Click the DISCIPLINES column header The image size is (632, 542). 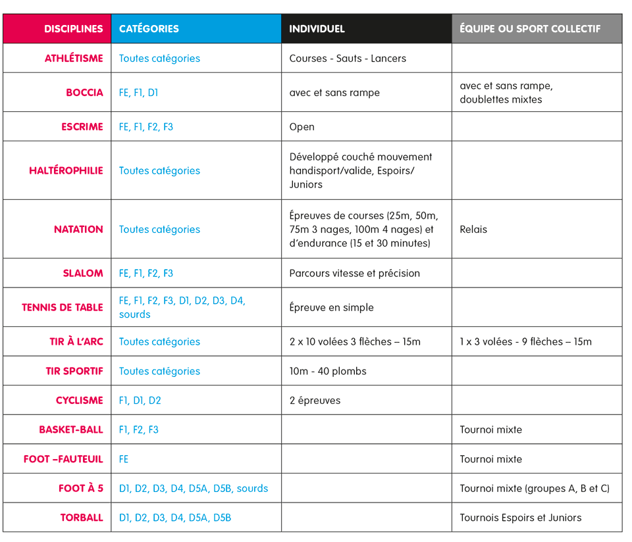73,29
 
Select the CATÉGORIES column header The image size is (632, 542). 149,29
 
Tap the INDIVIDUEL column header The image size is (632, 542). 317,29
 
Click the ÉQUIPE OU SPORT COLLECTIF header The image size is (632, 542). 530,29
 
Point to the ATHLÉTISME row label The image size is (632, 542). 74,59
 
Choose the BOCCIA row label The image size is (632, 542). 84,93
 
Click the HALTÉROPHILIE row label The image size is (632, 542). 66,170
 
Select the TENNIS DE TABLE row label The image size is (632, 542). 63,307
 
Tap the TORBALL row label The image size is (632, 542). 82,518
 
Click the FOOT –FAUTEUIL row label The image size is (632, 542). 63,459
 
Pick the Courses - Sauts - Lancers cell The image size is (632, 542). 348,59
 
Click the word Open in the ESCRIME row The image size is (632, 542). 302,127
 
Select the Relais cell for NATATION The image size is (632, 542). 473,230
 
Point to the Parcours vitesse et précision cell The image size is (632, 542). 354,273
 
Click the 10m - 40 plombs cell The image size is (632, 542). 328,371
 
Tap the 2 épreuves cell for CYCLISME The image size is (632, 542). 315,401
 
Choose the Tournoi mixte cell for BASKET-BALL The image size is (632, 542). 490,430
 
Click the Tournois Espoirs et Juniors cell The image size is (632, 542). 520,518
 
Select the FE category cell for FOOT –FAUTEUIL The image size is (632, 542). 124,459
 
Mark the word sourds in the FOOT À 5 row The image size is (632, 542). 252,489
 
